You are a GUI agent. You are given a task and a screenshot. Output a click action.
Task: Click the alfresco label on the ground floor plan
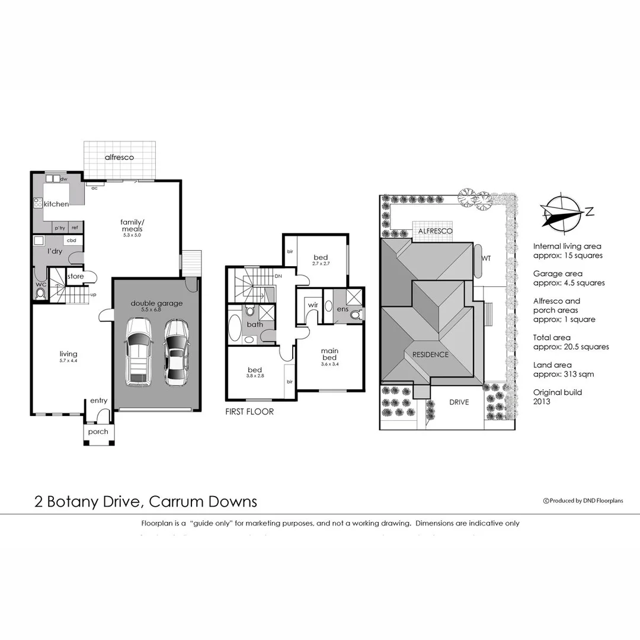(x=119, y=158)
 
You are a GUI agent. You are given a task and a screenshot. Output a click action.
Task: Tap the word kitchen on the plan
(x=56, y=204)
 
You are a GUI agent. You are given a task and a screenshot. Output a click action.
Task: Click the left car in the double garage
(x=137, y=353)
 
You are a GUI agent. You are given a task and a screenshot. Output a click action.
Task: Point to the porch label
(x=98, y=431)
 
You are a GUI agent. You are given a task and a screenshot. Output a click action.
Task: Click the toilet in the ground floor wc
(x=40, y=293)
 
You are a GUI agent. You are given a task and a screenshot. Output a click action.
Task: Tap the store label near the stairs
(x=75, y=276)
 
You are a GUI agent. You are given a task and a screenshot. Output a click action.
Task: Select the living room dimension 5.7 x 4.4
(x=69, y=360)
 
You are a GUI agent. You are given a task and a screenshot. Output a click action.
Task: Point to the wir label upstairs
(x=313, y=306)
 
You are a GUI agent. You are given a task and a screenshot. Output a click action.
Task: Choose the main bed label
(x=329, y=354)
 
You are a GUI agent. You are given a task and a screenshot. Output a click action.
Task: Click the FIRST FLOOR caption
(x=249, y=411)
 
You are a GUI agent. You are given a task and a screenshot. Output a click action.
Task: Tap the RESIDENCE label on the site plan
(x=427, y=354)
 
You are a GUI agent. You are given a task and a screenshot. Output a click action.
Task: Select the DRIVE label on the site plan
(x=459, y=402)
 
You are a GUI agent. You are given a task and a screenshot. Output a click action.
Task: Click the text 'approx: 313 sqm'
(x=563, y=375)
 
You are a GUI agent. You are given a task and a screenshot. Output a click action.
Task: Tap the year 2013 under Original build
(x=542, y=401)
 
